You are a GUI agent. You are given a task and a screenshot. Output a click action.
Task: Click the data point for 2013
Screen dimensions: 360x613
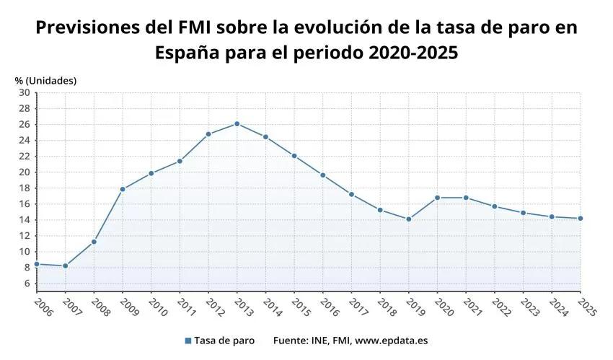(x=237, y=124)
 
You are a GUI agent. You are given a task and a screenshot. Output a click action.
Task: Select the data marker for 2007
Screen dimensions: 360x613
(x=65, y=266)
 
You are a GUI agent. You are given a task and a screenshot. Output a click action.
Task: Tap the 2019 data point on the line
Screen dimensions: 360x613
(x=409, y=219)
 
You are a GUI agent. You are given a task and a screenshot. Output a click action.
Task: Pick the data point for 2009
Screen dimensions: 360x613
(x=123, y=189)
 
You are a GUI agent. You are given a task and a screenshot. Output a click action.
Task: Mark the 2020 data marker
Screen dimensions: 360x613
(x=438, y=198)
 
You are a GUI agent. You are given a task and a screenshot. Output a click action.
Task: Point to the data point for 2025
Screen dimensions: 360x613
(x=581, y=219)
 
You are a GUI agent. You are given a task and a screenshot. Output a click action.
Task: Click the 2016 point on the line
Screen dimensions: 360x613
(x=323, y=175)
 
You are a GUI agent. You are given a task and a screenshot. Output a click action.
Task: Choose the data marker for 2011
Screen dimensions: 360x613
(x=180, y=161)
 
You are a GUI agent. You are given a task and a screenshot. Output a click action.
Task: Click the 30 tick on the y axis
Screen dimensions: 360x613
(x=25, y=92)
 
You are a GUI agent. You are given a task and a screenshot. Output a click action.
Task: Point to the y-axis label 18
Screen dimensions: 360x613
(x=25, y=188)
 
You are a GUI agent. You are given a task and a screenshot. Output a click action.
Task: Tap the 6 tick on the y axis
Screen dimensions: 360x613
(x=27, y=283)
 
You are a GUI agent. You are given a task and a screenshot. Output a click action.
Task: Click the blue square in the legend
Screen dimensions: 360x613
(x=188, y=341)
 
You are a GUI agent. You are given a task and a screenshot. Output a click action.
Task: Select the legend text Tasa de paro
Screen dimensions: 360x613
(x=224, y=341)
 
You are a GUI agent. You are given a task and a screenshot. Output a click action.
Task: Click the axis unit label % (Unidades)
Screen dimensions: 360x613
(x=45, y=80)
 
